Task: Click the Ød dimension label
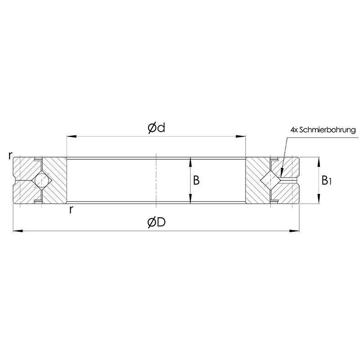(x=156, y=128)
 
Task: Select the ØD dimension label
(x=156, y=222)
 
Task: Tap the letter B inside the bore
(x=196, y=181)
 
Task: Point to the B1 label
(x=327, y=181)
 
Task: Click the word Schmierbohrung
(x=328, y=130)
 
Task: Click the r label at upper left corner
(x=9, y=156)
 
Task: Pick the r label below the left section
(x=71, y=210)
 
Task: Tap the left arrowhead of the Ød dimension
(x=70, y=135)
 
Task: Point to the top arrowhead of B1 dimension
(x=319, y=161)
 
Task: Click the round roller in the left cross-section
(x=42, y=180)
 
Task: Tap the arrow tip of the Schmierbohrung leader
(x=280, y=173)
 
